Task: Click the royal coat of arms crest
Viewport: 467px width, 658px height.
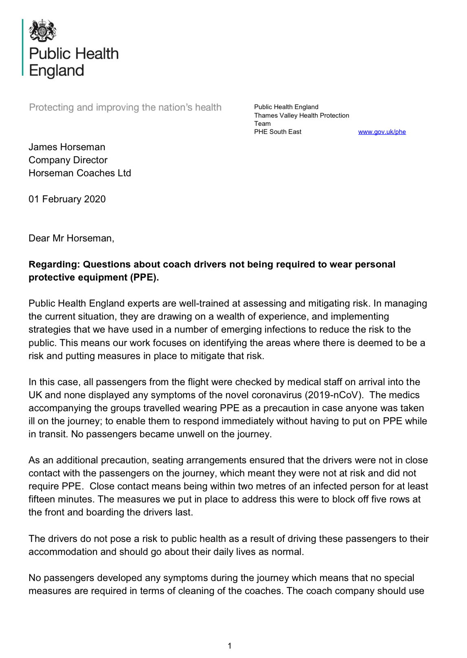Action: (42, 31)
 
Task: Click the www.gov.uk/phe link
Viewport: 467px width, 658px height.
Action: (381, 132)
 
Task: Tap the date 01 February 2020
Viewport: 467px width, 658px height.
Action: (67, 199)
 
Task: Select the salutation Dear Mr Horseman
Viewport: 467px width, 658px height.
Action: (71, 238)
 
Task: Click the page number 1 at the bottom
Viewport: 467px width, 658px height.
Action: (230, 646)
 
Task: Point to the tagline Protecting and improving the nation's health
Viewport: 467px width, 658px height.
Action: (125, 107)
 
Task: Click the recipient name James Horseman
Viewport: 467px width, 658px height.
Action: (67, 147)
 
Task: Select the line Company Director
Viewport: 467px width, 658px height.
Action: (68, 160)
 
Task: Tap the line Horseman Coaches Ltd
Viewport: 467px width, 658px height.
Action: (80, 173)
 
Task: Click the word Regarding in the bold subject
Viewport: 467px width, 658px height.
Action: (54, 265)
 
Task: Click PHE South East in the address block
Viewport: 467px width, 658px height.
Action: (278, 132)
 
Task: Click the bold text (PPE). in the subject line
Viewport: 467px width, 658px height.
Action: (145, 278)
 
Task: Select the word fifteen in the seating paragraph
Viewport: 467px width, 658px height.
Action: (42, 500)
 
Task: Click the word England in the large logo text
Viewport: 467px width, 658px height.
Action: (57, 71)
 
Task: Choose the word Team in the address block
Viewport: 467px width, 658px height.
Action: (262, 124)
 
